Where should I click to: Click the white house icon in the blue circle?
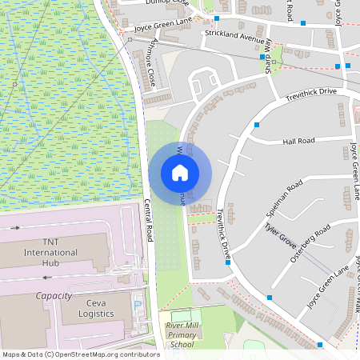(x=180, y=173)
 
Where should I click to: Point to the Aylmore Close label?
(x=149, y=65)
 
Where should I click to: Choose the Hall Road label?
(x=300, y=141)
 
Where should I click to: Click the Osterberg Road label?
(x=311, y=241)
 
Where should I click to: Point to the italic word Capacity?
(x=54, y=295)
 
